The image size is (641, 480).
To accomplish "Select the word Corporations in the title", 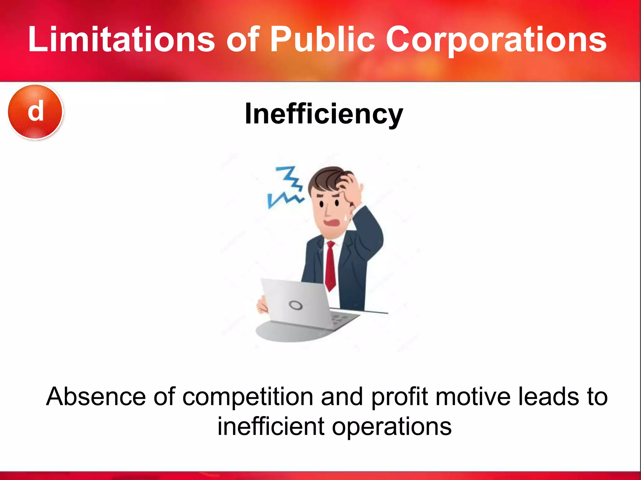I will (496, 39).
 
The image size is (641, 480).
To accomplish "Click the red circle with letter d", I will (35, 112).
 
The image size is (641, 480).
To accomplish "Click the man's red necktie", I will (331, 266).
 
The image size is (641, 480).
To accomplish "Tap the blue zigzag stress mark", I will (286, 188).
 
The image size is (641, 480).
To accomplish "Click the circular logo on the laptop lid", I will (295, 305).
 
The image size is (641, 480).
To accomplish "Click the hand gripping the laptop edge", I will (262, 305).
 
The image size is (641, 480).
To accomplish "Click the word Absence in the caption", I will (96, 397).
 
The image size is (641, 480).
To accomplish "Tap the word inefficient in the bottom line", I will (271, 426).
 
